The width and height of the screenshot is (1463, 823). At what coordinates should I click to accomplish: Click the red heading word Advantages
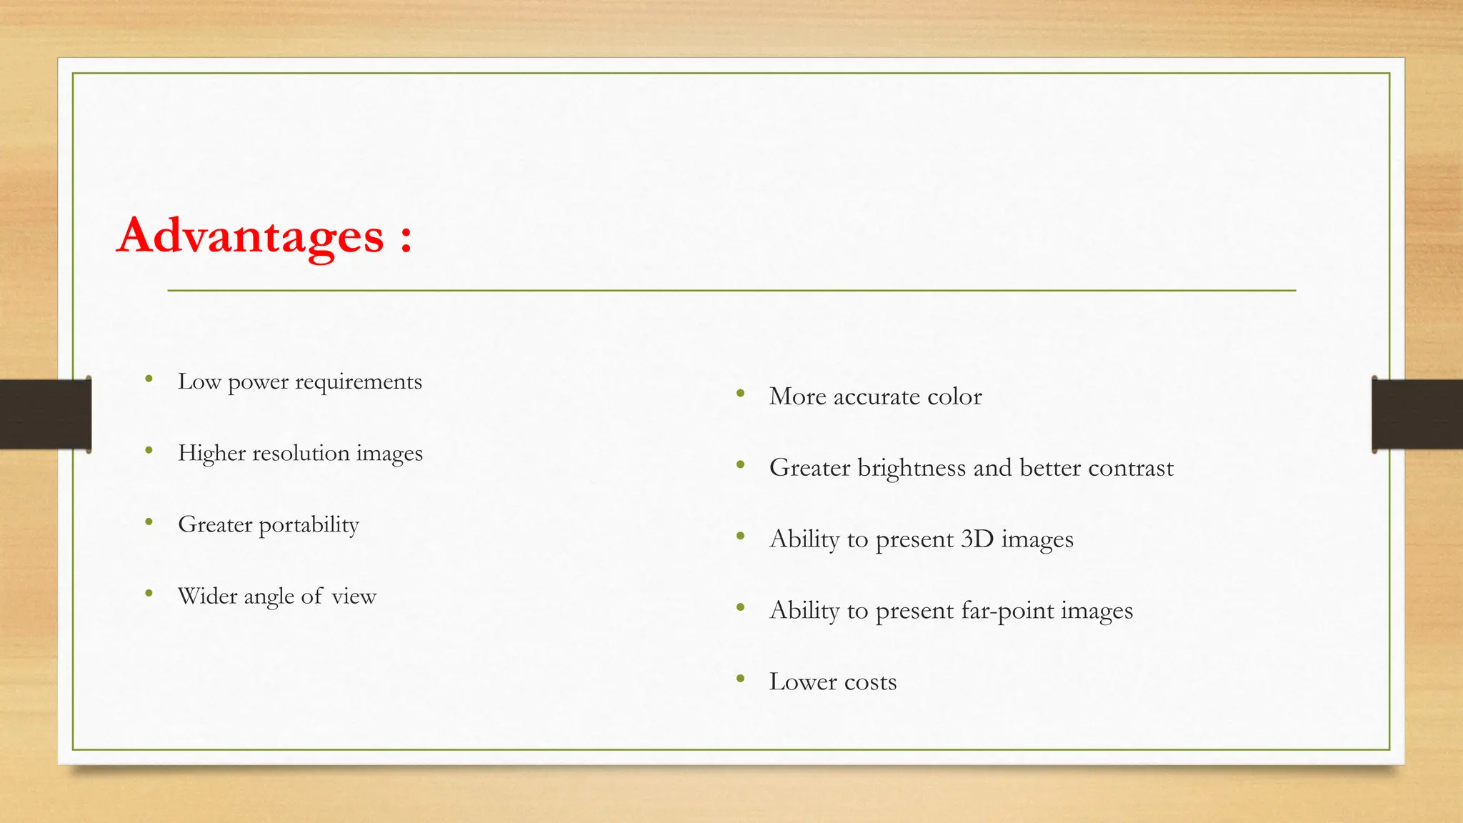coord(251,236)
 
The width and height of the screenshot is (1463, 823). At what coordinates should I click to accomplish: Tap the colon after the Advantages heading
coord(406,238)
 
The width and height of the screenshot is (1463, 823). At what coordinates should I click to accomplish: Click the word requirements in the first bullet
coord(359,383)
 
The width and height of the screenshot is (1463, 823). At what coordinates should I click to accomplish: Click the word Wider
coord(202,596)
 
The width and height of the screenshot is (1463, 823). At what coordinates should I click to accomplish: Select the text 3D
coord(977,539)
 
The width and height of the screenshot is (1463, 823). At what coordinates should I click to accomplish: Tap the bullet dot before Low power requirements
coord(149,379)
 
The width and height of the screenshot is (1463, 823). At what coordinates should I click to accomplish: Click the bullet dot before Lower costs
coord(741,679)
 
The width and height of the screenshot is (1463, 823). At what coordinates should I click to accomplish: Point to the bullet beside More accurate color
coord(741,394)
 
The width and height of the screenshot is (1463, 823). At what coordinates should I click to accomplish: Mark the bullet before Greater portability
coord(149,522)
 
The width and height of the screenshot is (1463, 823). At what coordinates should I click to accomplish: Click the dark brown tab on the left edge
coord(45,414)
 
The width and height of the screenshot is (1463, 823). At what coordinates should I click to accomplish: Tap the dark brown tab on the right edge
coord(1417,414)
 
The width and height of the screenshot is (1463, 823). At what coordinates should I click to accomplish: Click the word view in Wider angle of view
coord(354,596)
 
